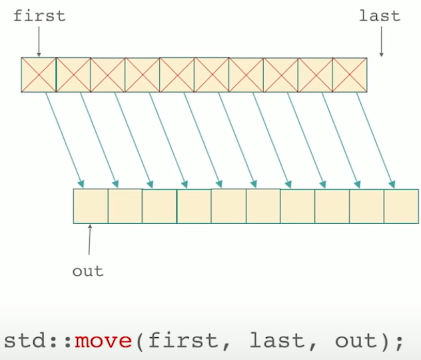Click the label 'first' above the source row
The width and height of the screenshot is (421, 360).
tap(39, 15)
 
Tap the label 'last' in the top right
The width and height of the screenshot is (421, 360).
tap(380, 15)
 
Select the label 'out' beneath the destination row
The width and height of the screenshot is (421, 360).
tap(88, 271)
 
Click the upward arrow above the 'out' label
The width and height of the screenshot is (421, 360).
tap(89, 240)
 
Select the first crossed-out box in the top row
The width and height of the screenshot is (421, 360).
tap(39, 74)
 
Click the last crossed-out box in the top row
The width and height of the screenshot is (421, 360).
tap(350, 74)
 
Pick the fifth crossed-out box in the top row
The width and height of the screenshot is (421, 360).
tap(177, 74)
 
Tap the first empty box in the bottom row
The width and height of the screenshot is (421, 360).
tap(91, 206)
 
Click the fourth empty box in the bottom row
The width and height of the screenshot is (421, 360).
tap(194, 206)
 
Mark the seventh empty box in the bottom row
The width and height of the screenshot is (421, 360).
tap(298, 206)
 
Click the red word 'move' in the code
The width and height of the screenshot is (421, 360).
tap(103, 341)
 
